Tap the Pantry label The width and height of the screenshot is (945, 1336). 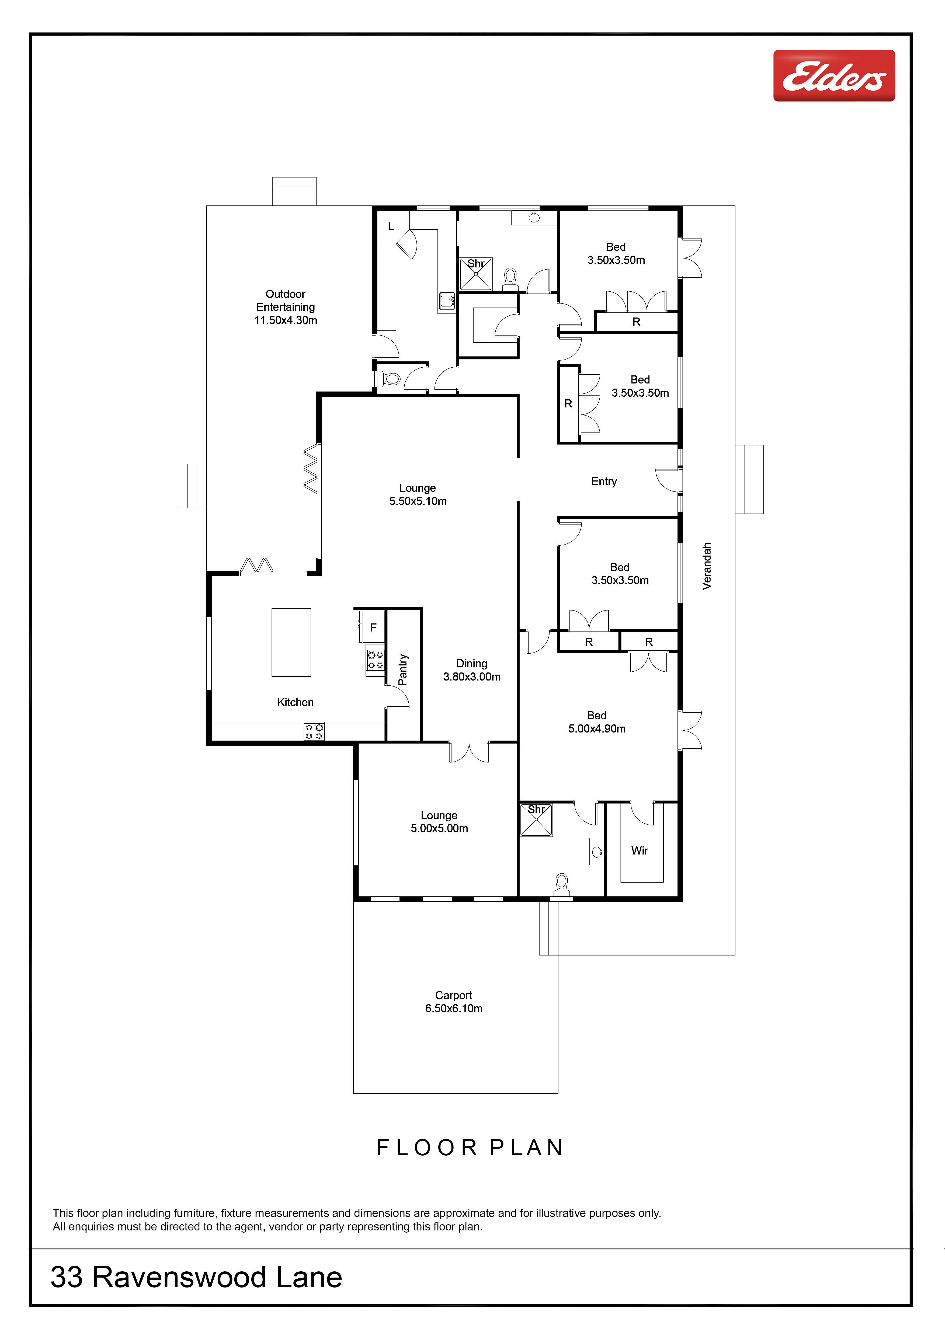[403, 669]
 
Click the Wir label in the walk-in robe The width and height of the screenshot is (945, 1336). [640, 851]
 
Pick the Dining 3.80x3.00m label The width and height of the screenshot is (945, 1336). [472, 670]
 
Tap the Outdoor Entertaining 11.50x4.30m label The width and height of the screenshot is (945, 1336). [286, 307]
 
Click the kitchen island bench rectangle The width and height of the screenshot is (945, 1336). [291, 642]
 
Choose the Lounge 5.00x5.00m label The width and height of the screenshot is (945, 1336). [439, 822]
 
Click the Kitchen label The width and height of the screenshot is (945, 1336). [296, 702]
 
